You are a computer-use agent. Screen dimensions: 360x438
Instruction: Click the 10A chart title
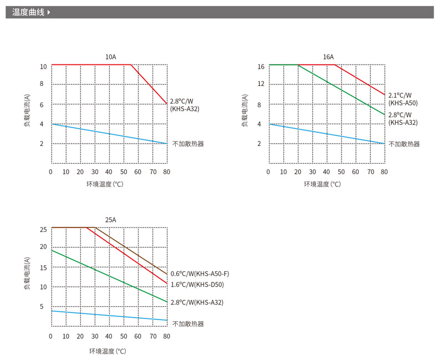(111, 57)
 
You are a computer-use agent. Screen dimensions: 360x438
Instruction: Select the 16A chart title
(328, 57)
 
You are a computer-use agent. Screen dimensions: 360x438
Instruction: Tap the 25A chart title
(111, 220)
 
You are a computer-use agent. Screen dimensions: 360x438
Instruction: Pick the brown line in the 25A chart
(133, 251)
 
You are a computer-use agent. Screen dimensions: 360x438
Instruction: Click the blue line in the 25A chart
(111, 316)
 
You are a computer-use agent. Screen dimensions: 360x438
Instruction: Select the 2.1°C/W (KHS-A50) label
(403, 99)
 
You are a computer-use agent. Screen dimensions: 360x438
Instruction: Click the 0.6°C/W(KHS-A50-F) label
(200, 273)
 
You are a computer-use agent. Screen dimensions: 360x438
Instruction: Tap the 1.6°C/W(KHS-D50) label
(196, 285)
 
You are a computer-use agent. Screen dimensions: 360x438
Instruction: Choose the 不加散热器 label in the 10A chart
(188, 144)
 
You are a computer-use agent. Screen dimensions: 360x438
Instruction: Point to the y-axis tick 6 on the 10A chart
(42, 104)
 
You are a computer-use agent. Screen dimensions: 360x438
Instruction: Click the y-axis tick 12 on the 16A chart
(261, 84)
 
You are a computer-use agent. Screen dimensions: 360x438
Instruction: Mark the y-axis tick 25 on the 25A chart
(43, 229)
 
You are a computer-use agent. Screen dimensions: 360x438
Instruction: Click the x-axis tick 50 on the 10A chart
(123, 172)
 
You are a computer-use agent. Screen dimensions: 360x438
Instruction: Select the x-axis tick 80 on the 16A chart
(384, 172)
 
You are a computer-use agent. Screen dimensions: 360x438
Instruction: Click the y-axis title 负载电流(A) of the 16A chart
(245, 111)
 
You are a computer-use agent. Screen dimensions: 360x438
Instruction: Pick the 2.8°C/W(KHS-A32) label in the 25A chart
(197, 302)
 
